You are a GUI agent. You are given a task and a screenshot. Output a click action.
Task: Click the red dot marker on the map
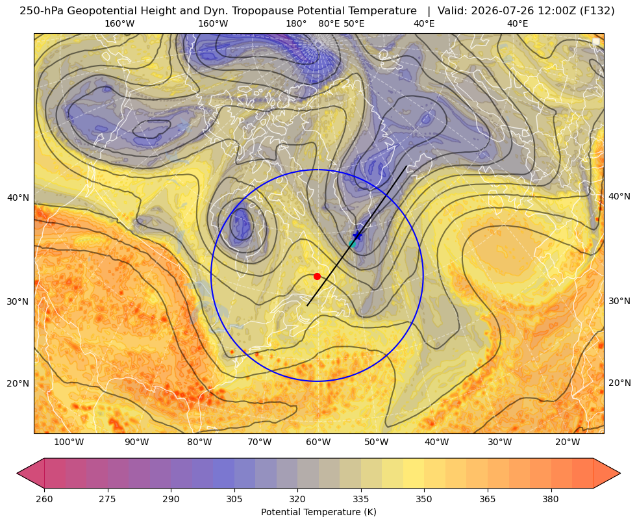pos(317,276)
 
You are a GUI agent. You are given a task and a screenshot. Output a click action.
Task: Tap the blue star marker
pos(358,236)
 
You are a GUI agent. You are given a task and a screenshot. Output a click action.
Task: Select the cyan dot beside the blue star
pos(352,244)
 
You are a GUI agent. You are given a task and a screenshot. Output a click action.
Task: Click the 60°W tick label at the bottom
pos(318,442)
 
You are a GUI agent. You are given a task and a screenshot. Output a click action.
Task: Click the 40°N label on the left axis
pos(18,198)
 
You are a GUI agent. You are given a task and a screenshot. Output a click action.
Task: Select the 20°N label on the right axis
pos(619,383)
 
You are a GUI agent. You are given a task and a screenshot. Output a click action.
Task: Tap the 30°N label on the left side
pos(18,301)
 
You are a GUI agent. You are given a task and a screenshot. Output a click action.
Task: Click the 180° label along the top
pos(296,23)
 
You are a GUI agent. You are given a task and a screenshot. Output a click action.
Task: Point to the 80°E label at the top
pos(329,23)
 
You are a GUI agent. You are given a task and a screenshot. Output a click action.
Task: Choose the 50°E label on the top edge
pos(354,23)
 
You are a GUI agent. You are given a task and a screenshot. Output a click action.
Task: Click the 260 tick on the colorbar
pos(44,499)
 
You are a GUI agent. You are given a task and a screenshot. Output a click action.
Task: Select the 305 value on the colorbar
pos(234,499)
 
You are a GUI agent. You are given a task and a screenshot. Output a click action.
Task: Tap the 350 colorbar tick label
pos(424,499)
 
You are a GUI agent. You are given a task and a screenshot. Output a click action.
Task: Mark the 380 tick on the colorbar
pos(551,499)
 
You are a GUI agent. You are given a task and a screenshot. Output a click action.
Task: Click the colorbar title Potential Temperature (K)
pos(318,511)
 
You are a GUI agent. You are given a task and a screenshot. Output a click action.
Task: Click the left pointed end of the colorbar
pos(18,473)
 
